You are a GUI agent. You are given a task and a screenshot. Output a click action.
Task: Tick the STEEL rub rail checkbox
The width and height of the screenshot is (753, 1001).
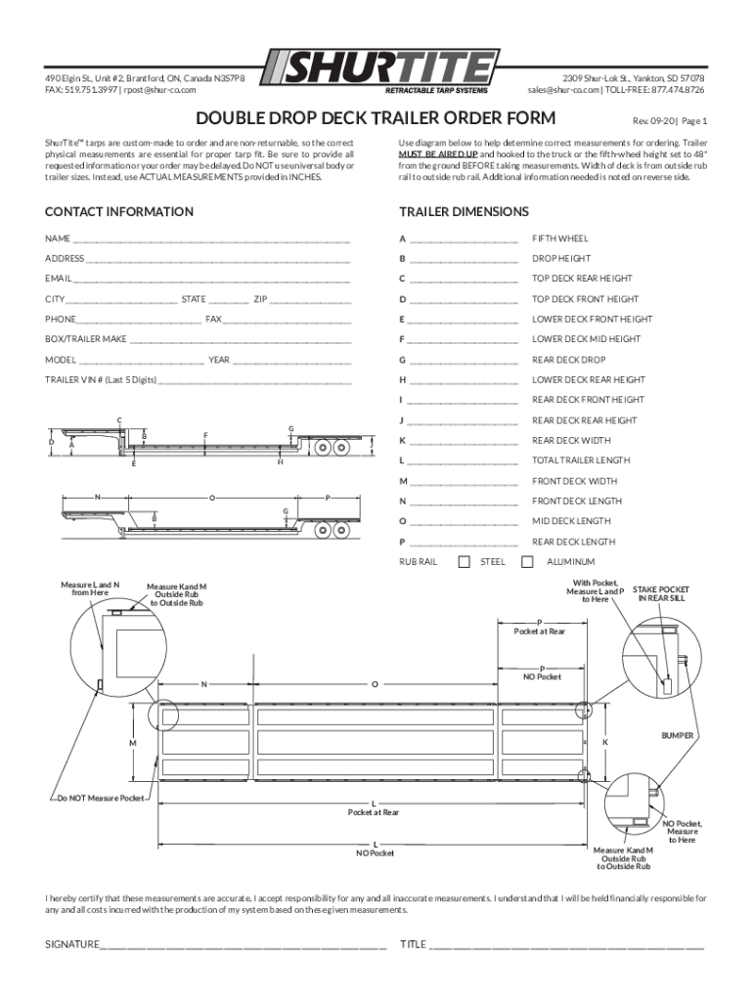[465, 561]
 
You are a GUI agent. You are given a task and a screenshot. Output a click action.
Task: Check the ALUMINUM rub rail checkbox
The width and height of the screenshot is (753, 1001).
[528, 561]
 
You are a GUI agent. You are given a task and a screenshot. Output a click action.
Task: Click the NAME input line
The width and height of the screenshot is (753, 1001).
[210, 239]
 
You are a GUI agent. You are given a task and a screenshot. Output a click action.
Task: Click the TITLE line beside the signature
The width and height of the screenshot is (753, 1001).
[567, 944]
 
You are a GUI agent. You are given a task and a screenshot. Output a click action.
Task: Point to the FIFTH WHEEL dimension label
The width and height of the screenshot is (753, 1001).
[560, 239]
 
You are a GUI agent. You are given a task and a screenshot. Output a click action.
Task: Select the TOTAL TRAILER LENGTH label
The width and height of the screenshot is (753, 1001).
[581, 460]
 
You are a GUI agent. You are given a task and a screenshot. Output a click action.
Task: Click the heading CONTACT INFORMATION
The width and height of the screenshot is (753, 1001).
[119, 212]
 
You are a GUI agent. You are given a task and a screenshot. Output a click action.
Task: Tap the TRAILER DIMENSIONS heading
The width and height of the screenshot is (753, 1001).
[464, 212]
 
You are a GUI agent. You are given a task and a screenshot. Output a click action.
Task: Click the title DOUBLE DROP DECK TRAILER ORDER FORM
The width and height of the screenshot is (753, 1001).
[376, 119]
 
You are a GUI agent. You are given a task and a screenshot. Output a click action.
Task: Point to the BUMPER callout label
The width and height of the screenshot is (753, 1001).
[677, 734]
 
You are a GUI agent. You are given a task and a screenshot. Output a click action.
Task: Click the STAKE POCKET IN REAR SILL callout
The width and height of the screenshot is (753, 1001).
[660, 594]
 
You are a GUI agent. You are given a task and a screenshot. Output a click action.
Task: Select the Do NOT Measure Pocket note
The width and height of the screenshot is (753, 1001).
[100, 799]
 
